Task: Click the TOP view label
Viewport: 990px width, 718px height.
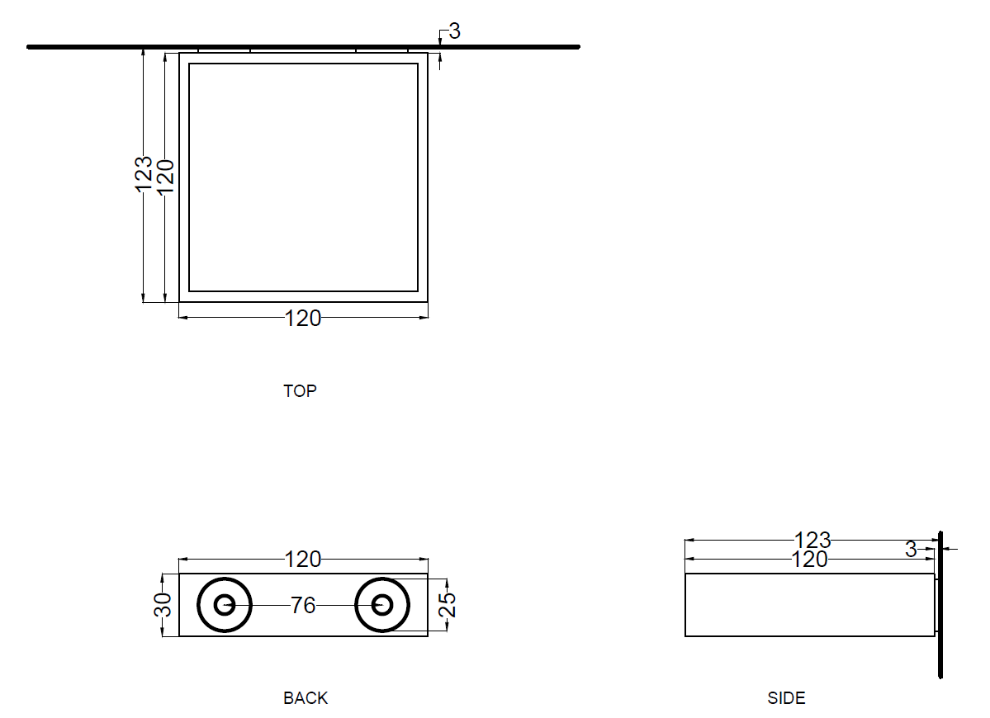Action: pos(300,391)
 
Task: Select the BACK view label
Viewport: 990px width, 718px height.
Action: pos(306,698)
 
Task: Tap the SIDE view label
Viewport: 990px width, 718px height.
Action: pos(786,698)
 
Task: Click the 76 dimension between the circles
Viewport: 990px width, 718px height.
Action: pos(303,606)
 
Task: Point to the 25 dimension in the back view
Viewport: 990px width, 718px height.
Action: pos(447,604)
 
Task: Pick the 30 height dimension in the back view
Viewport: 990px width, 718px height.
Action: pos(163,604)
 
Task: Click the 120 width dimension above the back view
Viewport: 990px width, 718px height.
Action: pos(303,560)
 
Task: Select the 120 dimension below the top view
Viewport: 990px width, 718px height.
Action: pos(303,318)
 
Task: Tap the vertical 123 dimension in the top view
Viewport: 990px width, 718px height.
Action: pos(144,174)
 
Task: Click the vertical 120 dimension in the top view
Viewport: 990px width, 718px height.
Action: pos(165,176)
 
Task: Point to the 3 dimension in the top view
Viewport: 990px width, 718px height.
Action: pos(455,31)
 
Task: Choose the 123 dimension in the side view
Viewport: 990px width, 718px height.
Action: pos(812,541)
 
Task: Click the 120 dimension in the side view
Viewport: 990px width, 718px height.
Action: pos(809,560)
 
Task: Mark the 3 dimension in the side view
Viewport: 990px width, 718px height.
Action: pos(911,550)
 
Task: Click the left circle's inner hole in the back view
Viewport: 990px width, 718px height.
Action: pos(224,605)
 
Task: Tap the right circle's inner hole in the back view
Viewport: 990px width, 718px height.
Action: pos(382,605)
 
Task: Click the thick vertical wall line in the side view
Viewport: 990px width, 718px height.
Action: pos(940,605)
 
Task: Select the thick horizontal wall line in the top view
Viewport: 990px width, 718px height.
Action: pos(303,47)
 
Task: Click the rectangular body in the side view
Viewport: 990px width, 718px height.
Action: pos(810,605)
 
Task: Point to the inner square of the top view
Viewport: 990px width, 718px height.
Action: pos(304,177)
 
